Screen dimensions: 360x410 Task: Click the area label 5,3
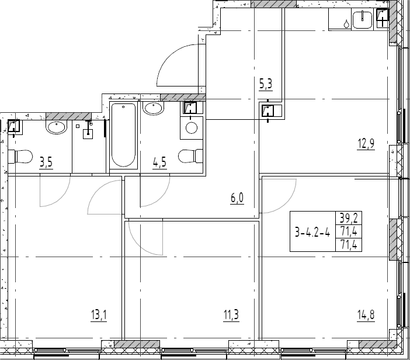click(x=266, y=84)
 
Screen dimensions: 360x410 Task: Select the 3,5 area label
click(x=46, y=162)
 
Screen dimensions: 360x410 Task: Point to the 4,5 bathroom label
click(x=159, y=162)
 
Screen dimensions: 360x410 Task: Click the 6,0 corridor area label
click(x=237, y=198)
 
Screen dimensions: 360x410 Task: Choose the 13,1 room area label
click(x=99, y=316)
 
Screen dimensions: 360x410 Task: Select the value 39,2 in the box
click(x=348, y=219)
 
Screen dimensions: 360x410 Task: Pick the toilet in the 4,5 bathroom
click(x=190, y=157)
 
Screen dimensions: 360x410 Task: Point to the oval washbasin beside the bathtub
click(x=154, y=109)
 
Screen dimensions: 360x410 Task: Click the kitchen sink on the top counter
click(x=362, y=21)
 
